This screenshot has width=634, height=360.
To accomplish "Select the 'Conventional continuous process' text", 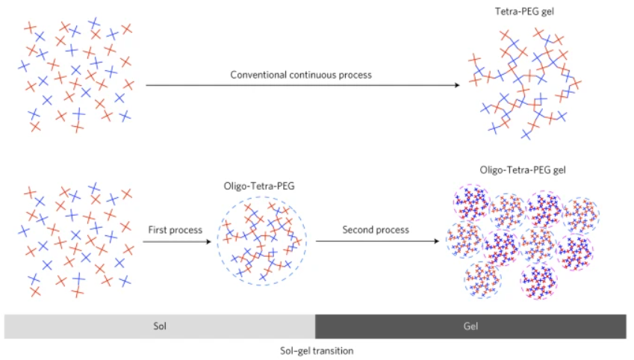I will pyautogui.click(x=301, y=75).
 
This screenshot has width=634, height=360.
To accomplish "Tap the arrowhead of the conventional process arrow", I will pyautogui.click(x=456, y=85).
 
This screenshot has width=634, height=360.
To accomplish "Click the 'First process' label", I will pyautogui.click(x=175, y=230).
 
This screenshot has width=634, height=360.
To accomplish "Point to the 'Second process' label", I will pyautogui.click(x=376, y=230).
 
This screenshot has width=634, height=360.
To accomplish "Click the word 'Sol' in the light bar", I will pyautogui.click(x=159, y=326).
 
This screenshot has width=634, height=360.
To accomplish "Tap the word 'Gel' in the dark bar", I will pyautogui.click(x=470, y=326).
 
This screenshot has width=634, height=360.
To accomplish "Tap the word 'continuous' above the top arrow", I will pyautogui.click(x=313, y=75).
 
